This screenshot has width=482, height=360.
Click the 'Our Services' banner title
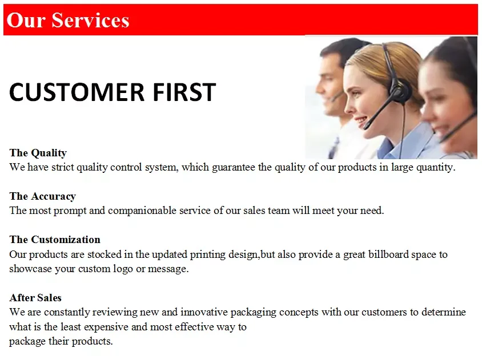68,21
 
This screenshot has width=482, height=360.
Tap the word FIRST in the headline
184,92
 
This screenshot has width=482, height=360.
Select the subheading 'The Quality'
38,153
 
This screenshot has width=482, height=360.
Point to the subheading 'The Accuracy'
43,196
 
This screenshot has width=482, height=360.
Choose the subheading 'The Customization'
55,239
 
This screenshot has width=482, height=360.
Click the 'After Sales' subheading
35,297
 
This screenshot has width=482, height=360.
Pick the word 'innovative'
204,312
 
